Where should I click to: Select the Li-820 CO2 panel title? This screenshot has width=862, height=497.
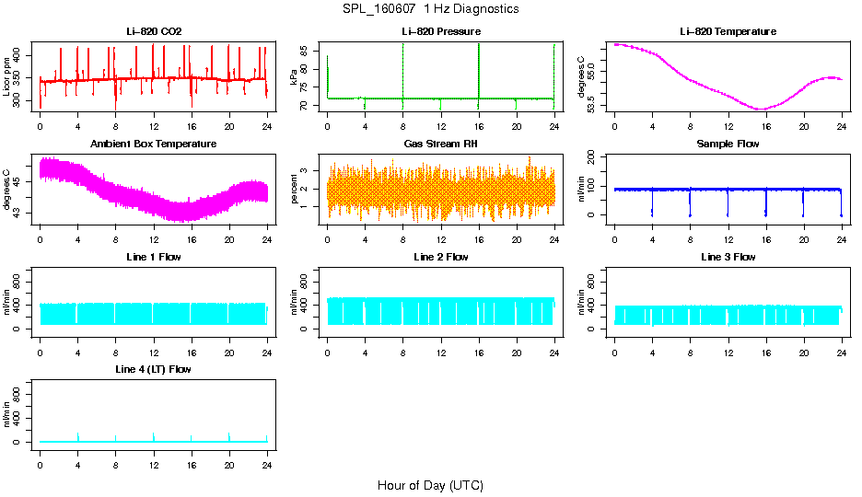[154, 31]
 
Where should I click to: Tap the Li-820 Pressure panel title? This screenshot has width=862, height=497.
[441, 31]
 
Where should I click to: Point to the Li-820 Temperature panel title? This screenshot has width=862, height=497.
[728, 31]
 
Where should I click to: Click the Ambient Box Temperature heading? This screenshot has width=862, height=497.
[154, 144]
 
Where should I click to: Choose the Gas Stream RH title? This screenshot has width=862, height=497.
[441, 144]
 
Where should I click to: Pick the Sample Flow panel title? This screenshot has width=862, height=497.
[728, 144]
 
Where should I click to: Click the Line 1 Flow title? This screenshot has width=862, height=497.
[154, 257]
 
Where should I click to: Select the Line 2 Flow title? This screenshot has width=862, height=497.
[441, 257]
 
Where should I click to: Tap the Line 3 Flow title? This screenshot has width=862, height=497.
[728, 257]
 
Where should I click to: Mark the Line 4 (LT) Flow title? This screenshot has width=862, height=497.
[154, 369]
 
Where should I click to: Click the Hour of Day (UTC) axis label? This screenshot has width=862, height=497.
[430, 485]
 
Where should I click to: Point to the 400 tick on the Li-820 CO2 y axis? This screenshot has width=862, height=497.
[20, 53]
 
